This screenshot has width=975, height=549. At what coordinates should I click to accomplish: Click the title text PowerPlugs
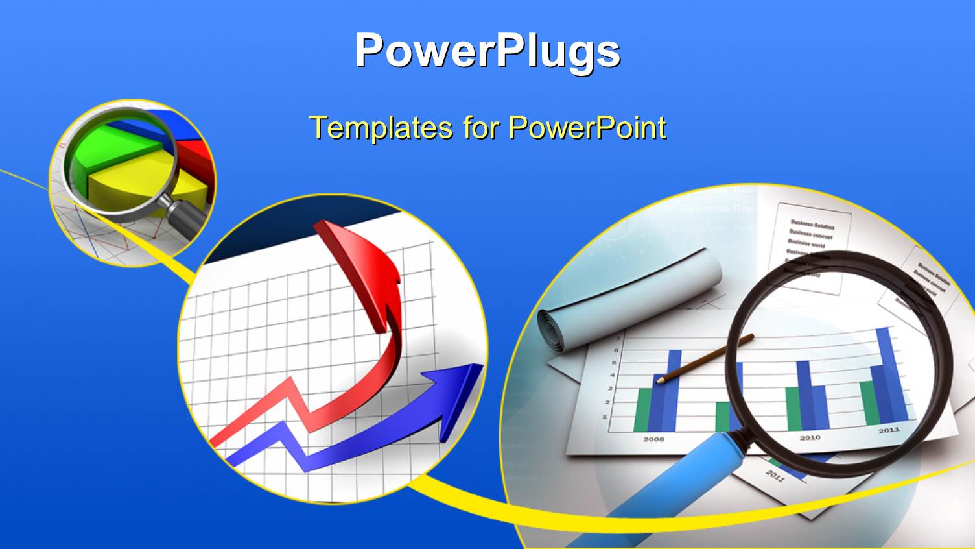pyautogui.click(x=487, y=51)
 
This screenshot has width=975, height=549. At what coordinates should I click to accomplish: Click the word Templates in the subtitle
pyautogui.click(x=381, y=127)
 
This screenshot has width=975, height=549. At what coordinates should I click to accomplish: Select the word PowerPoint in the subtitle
pyautogui.click(x=587, y=127)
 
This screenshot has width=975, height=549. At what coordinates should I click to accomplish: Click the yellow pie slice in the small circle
pyautogui.click(x=130, y=188)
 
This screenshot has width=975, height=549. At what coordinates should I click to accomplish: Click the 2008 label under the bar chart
pyautogui.click(x=653, y=439)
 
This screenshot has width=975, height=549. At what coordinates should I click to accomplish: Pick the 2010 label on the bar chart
pyautogui.click(x=810, y=437)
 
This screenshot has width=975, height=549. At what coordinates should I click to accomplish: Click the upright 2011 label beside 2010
pyautogui.click(x=889, y=430)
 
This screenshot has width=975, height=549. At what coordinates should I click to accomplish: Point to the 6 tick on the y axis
pyautogui.click(x=616, y=350)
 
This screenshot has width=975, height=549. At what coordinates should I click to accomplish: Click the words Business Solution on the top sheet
pyautogui.click(x=812, y=225)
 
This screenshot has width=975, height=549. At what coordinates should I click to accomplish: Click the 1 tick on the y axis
pyautogui.click(x=605, y=416)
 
